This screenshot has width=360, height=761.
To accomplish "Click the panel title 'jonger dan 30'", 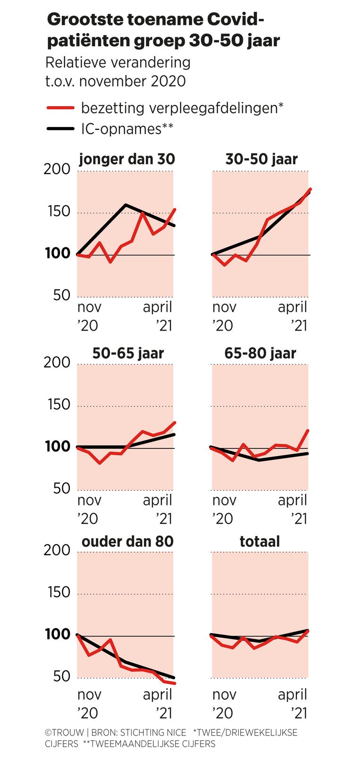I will coord(127,159).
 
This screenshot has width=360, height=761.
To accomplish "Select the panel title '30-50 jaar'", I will coord(261,159).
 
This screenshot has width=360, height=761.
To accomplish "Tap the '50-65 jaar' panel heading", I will coord(128,353).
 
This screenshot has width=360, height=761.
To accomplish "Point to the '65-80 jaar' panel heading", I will coord(260,353).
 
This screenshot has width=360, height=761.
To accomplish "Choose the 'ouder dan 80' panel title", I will coord(127,541).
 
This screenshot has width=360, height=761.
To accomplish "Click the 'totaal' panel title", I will coord(260,541).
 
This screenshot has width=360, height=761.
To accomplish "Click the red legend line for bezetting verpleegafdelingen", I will coord(61,108).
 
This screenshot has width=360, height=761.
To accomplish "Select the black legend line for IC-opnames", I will coord(61,128).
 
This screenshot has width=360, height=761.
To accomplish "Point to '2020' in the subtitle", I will coord(168,81).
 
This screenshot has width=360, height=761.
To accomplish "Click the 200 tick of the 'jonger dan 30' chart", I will coord(57,169).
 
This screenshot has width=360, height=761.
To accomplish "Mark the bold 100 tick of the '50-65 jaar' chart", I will coord(57,447).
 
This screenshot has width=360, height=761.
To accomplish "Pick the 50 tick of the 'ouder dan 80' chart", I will coord(61,676).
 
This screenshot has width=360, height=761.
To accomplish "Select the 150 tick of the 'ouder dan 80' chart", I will coord(59,592).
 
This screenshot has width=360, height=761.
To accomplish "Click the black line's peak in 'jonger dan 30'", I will coord(126,205).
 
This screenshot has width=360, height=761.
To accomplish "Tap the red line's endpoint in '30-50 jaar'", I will coord(310,189).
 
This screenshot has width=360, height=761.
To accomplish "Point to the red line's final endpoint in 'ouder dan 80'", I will coord(175,683).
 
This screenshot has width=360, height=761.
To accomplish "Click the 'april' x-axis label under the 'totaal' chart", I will coord(293,694).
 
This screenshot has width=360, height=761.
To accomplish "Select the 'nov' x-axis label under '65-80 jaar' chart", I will coord(224,500).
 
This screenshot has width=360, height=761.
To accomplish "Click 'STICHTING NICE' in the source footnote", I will coord(153,733).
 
